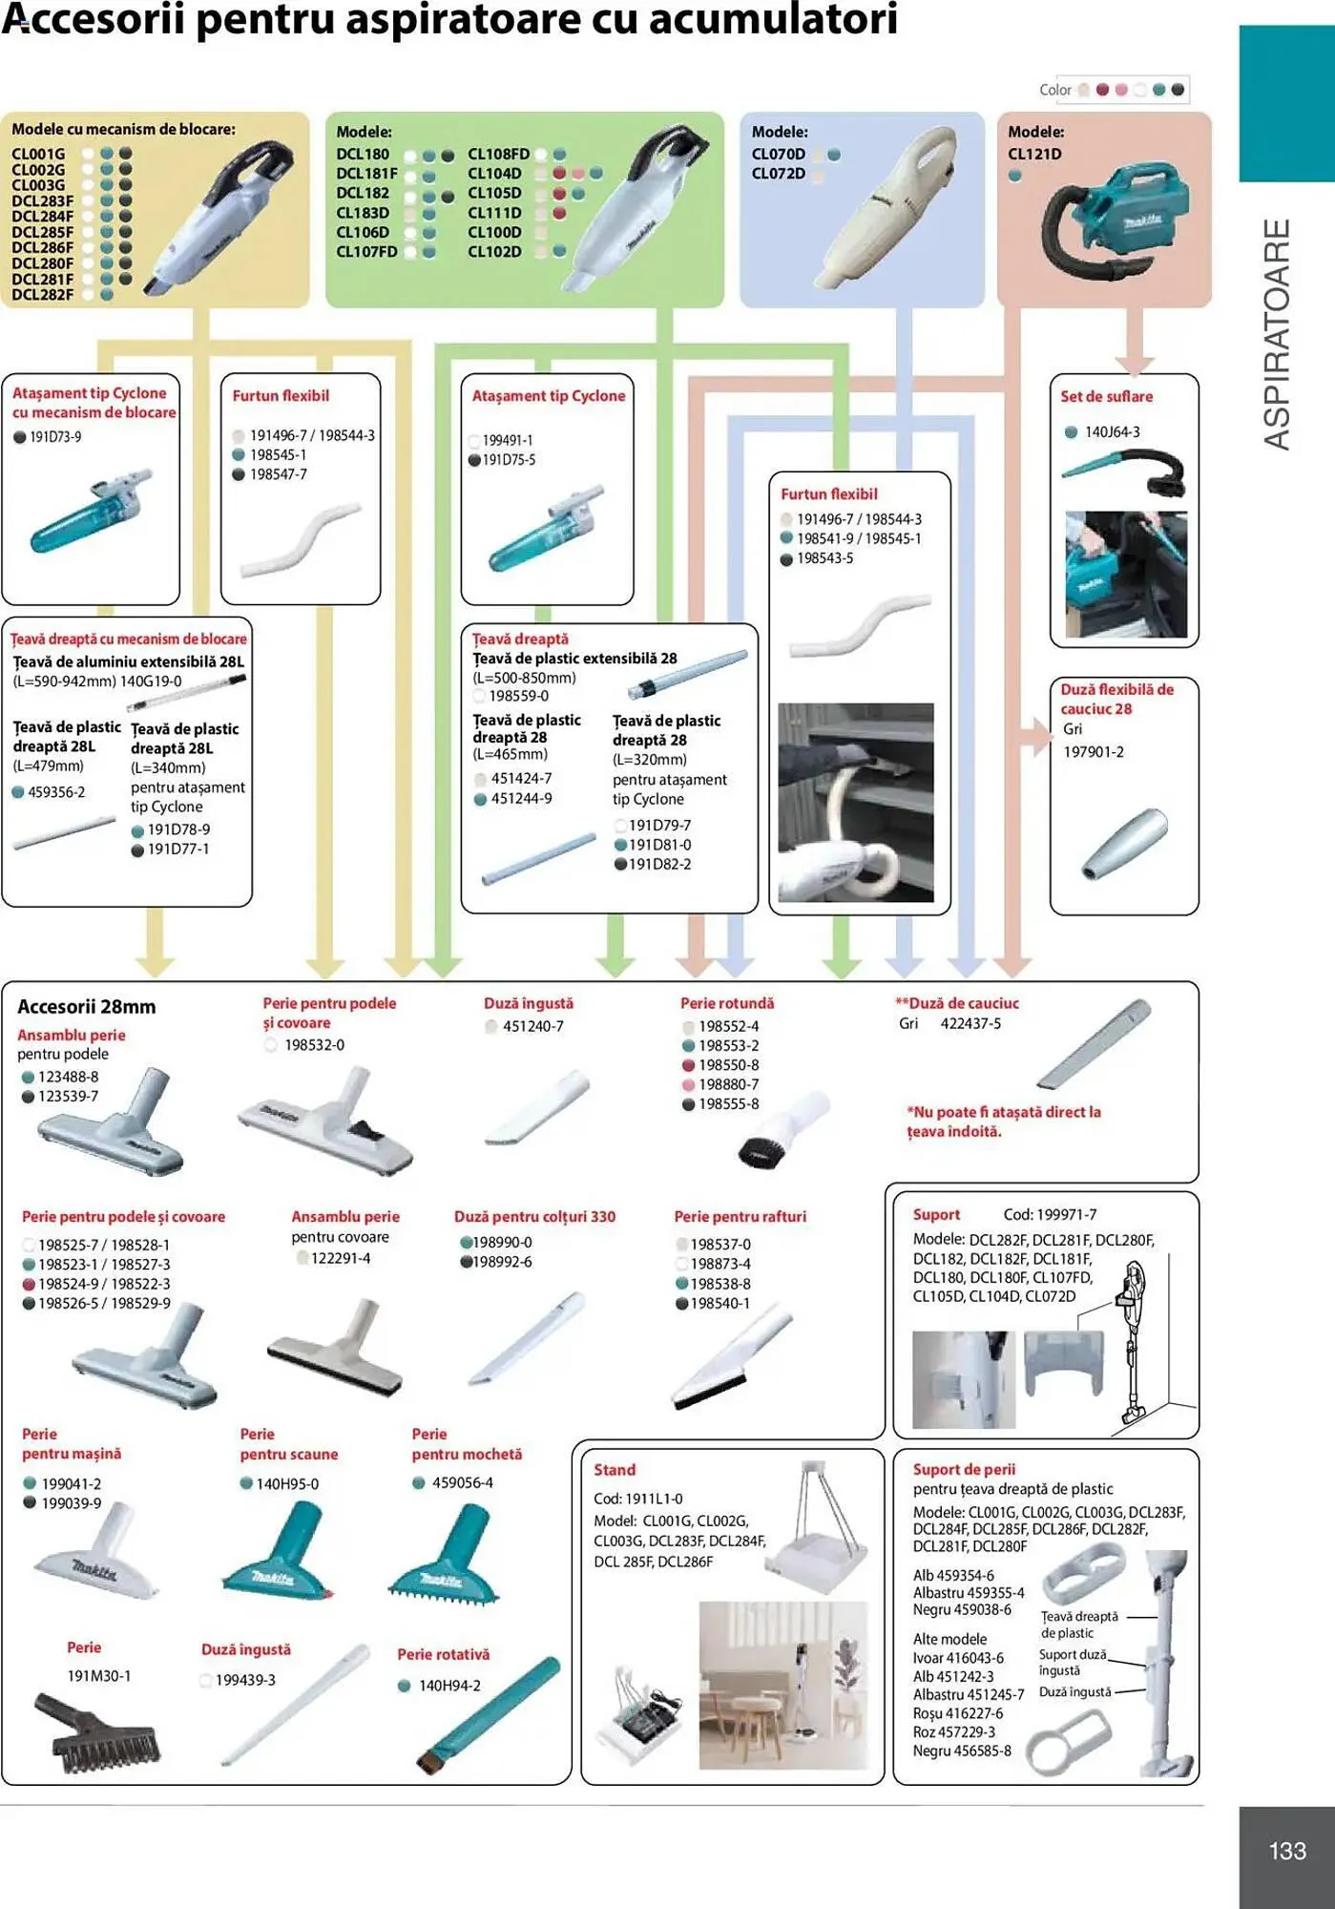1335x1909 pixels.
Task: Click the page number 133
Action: [x=1286, y=1851]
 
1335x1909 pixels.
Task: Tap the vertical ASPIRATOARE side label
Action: [x=1277, y=334]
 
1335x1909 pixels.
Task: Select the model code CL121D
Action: [x=1034, y=154]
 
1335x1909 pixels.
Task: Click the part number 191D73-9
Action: [x=55, y=436]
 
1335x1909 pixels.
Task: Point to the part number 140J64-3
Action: [x=1112, y=432]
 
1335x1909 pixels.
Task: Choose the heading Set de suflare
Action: [x=1106, y=396]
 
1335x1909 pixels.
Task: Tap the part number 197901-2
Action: [x=1094, y=752]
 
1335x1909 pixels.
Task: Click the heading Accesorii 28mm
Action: [x=86, y=1007]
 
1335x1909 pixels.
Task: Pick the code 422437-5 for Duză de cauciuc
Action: [x=970, y=1023]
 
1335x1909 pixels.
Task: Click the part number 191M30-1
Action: [x=99, y=1676]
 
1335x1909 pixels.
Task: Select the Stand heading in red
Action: [x=614, y=1470]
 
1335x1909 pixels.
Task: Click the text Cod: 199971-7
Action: [x=1050, y=1215]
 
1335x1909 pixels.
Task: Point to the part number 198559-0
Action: [x=518, y=697]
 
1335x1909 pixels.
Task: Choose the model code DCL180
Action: [x=363, y=154]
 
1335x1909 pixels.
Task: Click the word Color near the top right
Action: [x=1055, y=90]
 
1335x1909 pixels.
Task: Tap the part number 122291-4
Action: [x=341, y=1258]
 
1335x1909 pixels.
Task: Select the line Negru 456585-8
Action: [x=962, y=1751]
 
